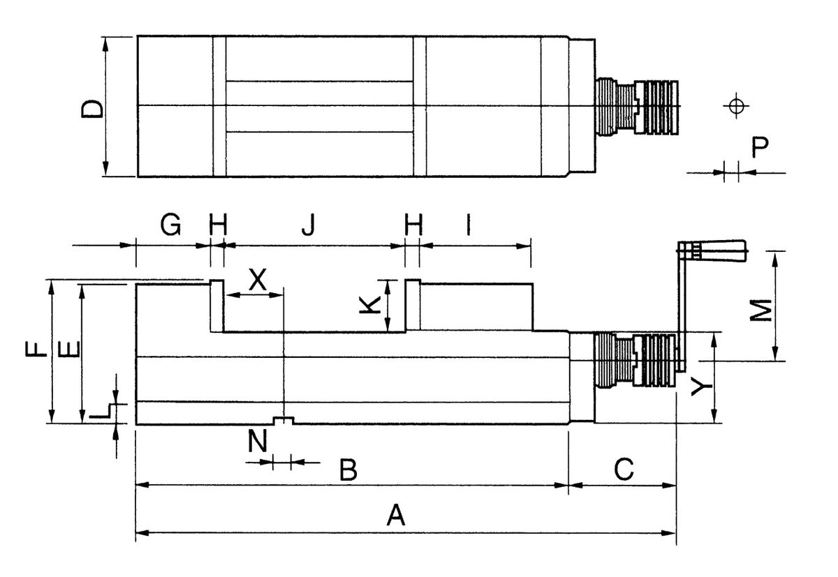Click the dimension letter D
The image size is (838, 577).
click(91, 109)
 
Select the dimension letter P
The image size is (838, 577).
click(760, 147)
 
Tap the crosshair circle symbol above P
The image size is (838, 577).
click(734, 106)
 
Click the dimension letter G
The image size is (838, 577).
click(171, 225)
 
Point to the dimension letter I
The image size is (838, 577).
click(469, 225)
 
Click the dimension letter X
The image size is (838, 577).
click(258, 280)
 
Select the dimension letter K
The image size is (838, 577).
click(371, 305)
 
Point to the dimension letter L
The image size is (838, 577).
click(102, 411)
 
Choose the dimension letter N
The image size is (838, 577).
click(258, 442)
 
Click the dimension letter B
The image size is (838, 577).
click(348, 470)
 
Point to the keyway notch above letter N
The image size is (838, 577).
click(283, 421)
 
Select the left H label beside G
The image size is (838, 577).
click(219, 225)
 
